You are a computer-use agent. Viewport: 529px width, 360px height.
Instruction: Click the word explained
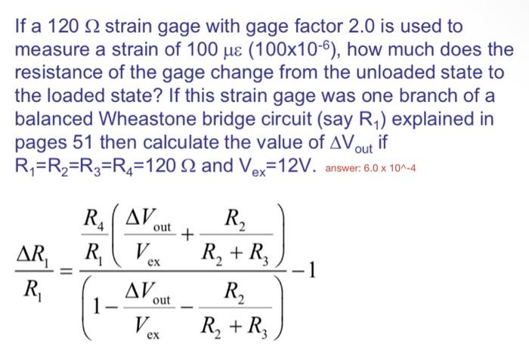coord(447,121)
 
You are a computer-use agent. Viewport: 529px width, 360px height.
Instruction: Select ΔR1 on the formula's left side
coord(32,252)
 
